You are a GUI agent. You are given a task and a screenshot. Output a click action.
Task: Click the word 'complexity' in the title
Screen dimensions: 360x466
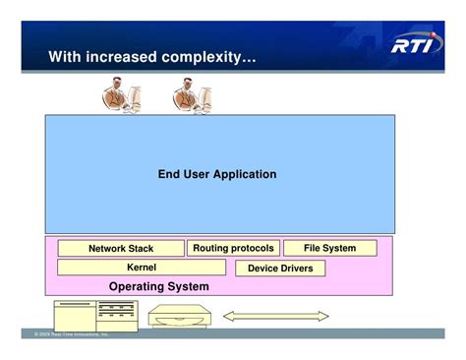point(209,59)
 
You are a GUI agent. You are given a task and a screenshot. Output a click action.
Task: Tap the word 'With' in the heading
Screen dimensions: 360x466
point(66,59)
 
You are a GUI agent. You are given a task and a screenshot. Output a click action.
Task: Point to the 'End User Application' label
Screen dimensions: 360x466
point(217,175)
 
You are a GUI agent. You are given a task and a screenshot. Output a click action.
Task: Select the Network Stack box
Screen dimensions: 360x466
point(121,249)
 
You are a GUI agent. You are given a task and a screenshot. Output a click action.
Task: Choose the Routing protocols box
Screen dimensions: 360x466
point(233,248)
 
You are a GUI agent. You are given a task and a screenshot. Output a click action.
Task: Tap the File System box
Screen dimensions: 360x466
point(330,248)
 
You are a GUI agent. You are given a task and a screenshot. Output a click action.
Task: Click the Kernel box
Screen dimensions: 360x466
point(142,267)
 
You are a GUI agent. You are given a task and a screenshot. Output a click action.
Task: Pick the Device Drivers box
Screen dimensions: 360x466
point(280,268)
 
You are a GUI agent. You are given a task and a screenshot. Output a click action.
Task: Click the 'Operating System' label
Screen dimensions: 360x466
point(158,286)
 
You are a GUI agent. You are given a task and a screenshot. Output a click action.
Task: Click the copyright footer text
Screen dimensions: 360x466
point(71,334)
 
